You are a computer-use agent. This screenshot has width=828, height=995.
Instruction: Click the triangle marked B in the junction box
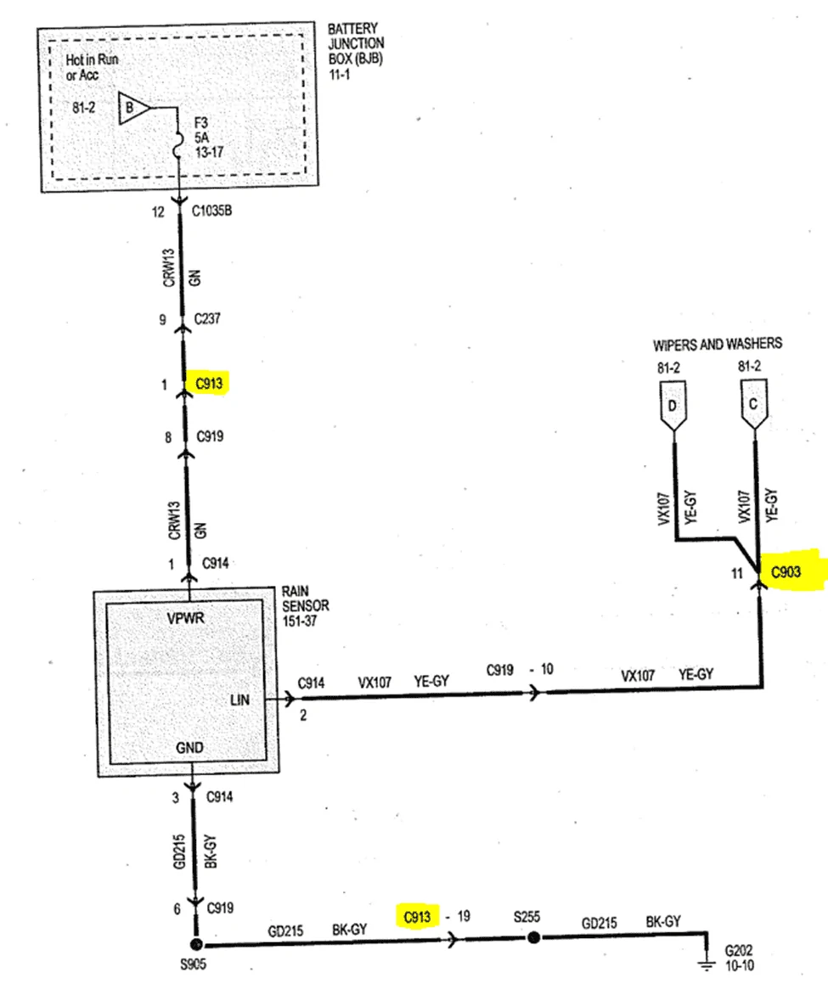[x=132, y=108]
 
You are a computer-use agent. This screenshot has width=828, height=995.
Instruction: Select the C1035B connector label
[x=211, y=211]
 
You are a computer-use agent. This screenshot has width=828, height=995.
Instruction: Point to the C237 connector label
[x=207, y=318]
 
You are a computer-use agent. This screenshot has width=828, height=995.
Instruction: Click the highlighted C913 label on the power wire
[x=209, y=383]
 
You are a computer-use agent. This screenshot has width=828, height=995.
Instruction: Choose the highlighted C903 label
[x=786, y=572]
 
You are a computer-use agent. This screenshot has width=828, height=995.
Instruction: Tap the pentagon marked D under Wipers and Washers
[x=673, y=406]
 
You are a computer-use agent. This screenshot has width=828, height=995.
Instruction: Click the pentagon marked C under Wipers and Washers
[x=754, y=405]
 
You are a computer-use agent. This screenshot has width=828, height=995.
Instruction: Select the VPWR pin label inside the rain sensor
[x=185, y=618]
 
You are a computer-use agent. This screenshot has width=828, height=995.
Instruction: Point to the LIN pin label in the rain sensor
[x=239, y=700]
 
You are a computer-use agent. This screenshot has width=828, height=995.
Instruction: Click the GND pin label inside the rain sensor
[x=189, y=748]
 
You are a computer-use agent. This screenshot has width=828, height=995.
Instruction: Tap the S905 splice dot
[x=196, y=945]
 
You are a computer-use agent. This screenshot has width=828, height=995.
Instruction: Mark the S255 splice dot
[x=533, y=937]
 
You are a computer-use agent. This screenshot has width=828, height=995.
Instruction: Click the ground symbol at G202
[x=706, y=964]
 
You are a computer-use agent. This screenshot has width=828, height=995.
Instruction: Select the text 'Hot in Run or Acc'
[x=92, y=67]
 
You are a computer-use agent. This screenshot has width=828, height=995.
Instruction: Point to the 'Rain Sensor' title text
[x=306, y=599]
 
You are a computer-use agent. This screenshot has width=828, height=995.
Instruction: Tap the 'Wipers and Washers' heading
[x=718, y=345]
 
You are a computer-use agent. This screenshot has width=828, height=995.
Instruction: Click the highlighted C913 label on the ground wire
[x=417, y=917]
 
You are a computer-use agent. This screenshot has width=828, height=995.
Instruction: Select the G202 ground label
[x=739, y=951]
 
